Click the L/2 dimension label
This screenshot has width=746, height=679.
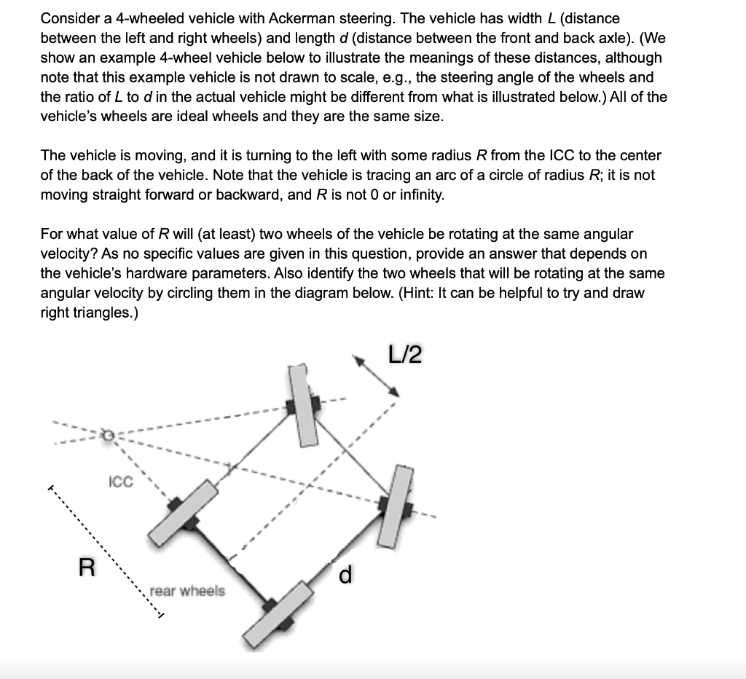click(x=406, y=356)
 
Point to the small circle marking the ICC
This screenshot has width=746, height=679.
click(x=108, y=435)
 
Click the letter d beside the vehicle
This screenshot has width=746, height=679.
click(x=346, y=576)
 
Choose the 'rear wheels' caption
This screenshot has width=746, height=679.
click(x=187, y=591)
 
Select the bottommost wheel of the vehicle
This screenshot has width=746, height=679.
click(x=274, y=613)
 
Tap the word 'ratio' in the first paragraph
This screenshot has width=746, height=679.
click(x=76, y=97)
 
